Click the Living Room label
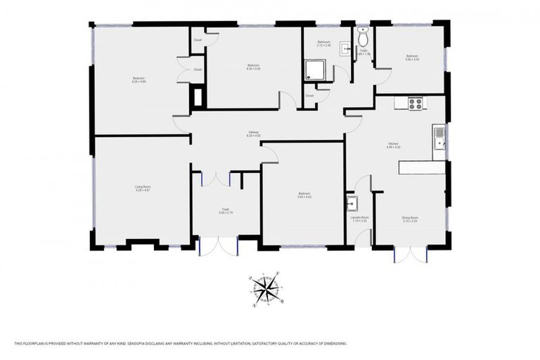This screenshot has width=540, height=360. point(143,188)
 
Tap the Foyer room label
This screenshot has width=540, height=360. point(226,210)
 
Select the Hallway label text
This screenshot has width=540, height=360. point(253,134)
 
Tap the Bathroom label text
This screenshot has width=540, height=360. point(323,44)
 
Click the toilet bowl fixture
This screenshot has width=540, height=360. point(363,39)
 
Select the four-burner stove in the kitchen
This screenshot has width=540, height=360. point(416,103)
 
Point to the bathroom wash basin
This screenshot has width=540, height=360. point(345,49)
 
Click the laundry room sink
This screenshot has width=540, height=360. point(352,203)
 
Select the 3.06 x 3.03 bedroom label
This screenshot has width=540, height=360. point(412,58)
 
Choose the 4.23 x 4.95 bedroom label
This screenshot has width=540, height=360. point(139,79)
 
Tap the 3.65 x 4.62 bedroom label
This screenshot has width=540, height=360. point(304,195)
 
